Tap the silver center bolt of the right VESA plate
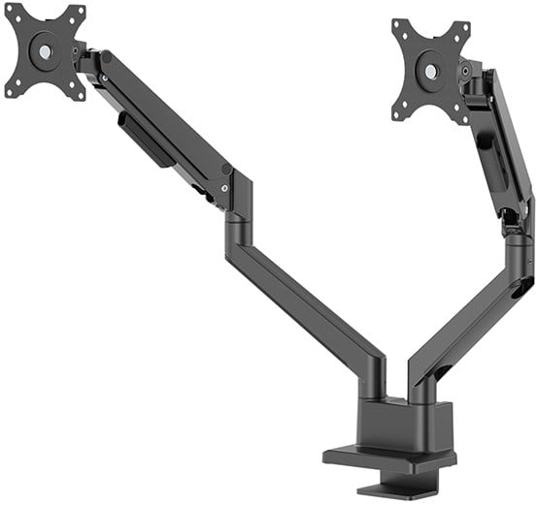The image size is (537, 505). pos(429,71)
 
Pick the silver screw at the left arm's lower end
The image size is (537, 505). pos(226,189)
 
